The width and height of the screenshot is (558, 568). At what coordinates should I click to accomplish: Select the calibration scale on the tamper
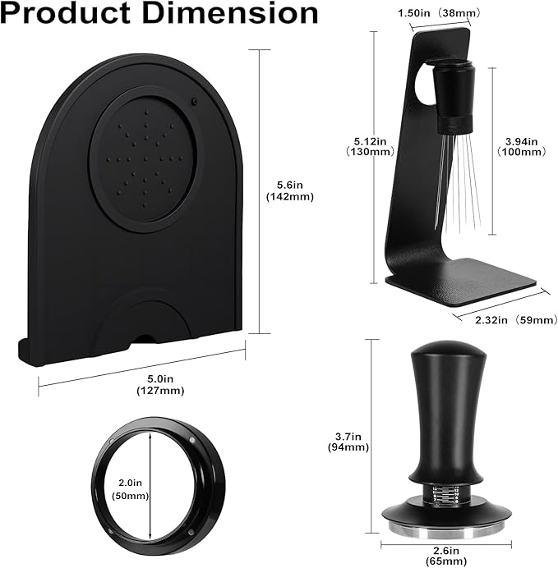[x=445, y=495]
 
